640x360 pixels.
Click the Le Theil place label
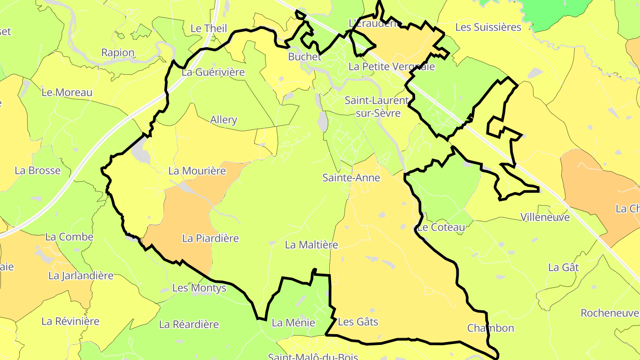[208, 28]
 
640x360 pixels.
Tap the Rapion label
[118, 53]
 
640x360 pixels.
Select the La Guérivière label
[213, 72]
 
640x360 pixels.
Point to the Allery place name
[224, 120]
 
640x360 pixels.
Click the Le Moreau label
[67, 92]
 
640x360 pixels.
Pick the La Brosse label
[37, 171]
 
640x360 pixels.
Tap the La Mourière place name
[197, 171]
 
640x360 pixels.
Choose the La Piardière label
[211, 239]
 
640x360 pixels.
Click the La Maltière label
[312, 245]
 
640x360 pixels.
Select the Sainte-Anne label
[351, 178]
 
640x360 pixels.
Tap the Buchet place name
[304, 57]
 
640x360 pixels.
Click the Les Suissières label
[488, 28]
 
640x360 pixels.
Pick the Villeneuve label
[545, 218]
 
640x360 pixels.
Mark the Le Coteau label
[441, 228]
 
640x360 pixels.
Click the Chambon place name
[491, 328]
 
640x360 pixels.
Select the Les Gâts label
[358, 321]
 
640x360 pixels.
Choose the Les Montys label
[199, 288]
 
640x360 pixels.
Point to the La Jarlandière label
[81, 276]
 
